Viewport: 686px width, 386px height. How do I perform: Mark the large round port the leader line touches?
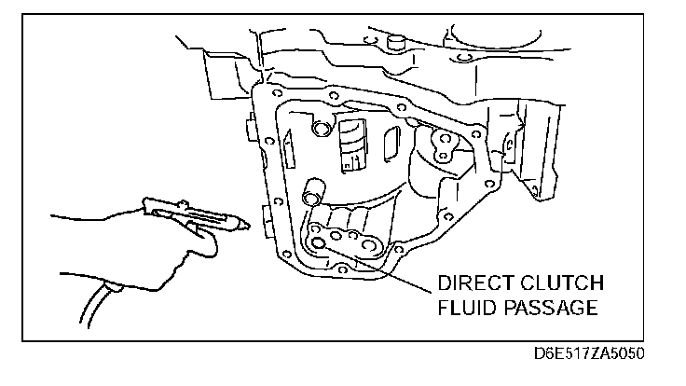click(x=320, y=243)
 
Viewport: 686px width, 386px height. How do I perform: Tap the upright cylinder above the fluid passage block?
click(x=312, y=193)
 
